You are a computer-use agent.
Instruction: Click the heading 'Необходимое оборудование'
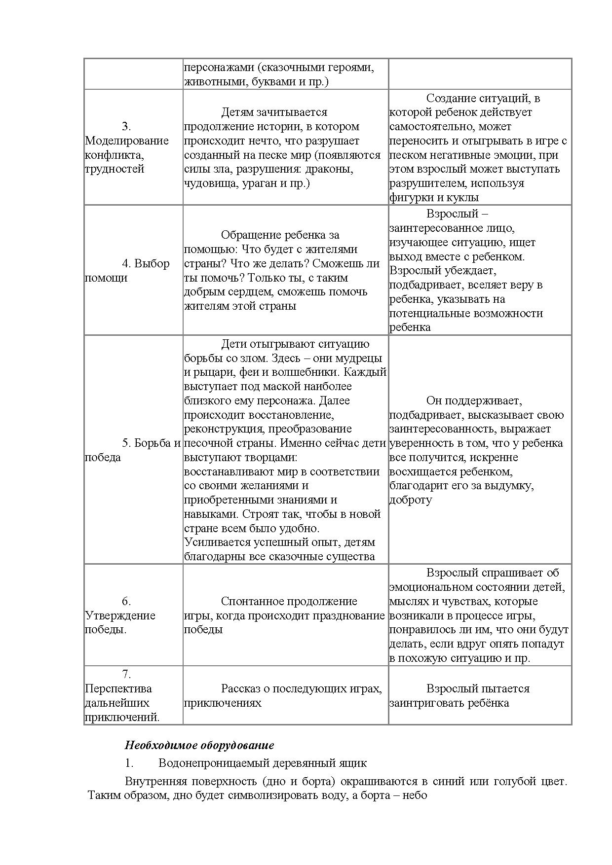[x=199, y=745]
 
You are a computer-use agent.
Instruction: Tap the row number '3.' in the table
[x=126, y=126]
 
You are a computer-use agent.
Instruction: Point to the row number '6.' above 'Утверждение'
[x=126, y=601]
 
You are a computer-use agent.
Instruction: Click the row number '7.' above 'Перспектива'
[x=126, y=674]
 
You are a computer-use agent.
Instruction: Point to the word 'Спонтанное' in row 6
[x=252, y=601]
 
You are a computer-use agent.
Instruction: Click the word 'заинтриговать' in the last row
[x=424, y=703]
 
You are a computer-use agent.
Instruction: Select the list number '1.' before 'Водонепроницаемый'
[x=129, y=763]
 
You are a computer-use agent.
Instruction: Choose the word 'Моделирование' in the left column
[x=126, y=141]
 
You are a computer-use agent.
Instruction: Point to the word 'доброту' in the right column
[x=410, y=500]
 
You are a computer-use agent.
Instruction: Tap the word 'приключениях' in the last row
[x=223, y=703]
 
